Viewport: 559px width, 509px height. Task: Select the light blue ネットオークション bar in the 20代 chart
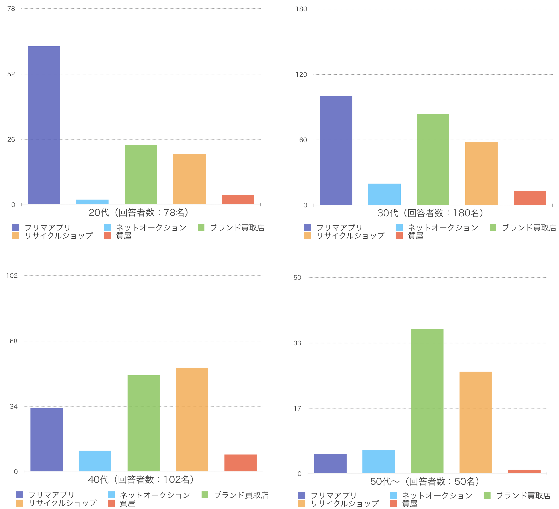(92, 202)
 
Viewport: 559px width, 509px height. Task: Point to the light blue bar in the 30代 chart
(384, 194)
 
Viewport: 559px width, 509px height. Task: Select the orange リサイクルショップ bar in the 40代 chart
(192, 420)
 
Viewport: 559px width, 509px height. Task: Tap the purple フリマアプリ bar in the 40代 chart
(47, 440)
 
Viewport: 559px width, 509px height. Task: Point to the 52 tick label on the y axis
(11, 74)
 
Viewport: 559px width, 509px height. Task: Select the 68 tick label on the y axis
(14, 341)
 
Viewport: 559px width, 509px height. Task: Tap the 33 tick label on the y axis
(297, 343)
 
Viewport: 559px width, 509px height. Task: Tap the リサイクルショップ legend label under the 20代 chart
(58, 236)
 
